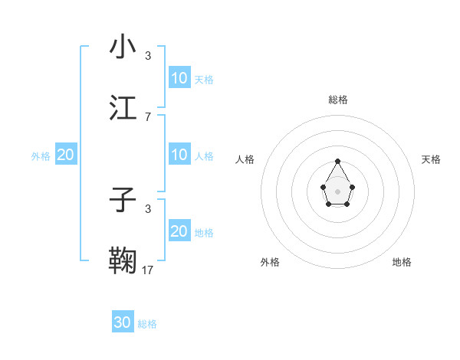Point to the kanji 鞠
tap(123, 260)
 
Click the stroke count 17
tap(148, 270)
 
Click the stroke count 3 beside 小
tap(148, 55)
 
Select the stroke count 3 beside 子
tap(148, 208)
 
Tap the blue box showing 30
tap(123, 322)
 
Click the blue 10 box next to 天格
tap(179, 78)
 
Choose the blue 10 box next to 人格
tap(179, 155)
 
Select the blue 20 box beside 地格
tap(179, 231)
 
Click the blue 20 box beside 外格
tap(66, 155)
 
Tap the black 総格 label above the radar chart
tap(338, 100)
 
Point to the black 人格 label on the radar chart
tap(245, 159)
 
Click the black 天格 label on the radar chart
tap(431, 159)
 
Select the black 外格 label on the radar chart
tap(270, 262)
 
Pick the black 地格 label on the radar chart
tap(402, 262)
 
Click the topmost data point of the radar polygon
tap(338, 161)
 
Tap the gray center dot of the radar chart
tap(338, 191)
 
